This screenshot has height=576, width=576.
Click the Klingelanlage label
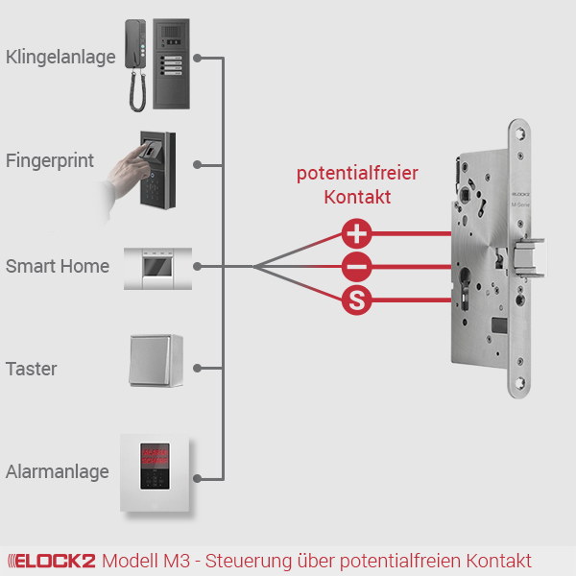60,58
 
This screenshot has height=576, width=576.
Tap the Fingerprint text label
50,160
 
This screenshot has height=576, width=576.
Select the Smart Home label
58,266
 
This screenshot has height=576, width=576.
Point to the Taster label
32,369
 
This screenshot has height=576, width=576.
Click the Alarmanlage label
58,471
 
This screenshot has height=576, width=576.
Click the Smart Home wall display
157,268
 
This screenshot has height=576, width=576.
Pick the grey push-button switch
157,360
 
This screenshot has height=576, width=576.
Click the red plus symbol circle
356,232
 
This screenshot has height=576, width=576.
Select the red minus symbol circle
356,266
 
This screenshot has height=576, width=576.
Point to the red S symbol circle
356,300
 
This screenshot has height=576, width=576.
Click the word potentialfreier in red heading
357,174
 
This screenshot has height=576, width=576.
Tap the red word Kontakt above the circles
357,197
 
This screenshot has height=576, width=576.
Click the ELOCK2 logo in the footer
53,561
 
